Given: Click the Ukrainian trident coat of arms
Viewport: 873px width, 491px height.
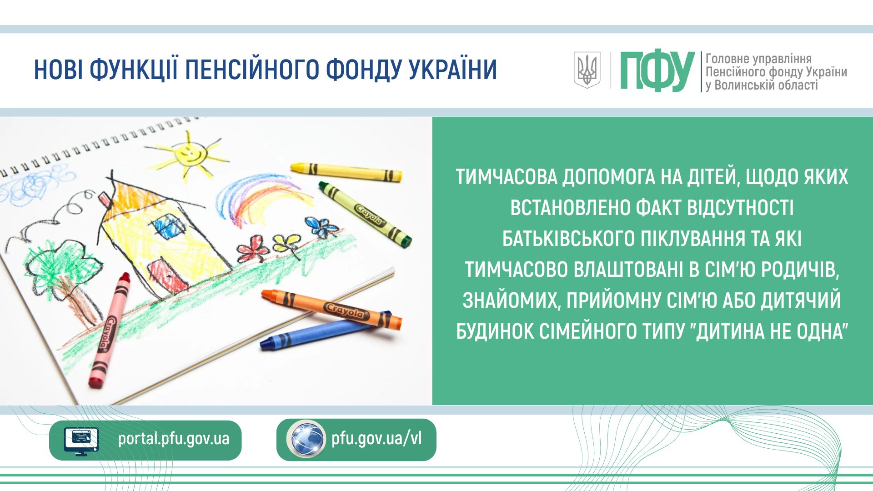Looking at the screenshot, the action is point(587,70).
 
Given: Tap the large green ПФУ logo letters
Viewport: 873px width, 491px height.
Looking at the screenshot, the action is point(657,70).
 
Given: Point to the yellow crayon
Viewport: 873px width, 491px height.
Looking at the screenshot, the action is point(346,171).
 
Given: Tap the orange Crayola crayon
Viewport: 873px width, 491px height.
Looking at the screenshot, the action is point(331,309).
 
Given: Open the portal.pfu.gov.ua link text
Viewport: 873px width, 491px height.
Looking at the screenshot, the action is point(174,439).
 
